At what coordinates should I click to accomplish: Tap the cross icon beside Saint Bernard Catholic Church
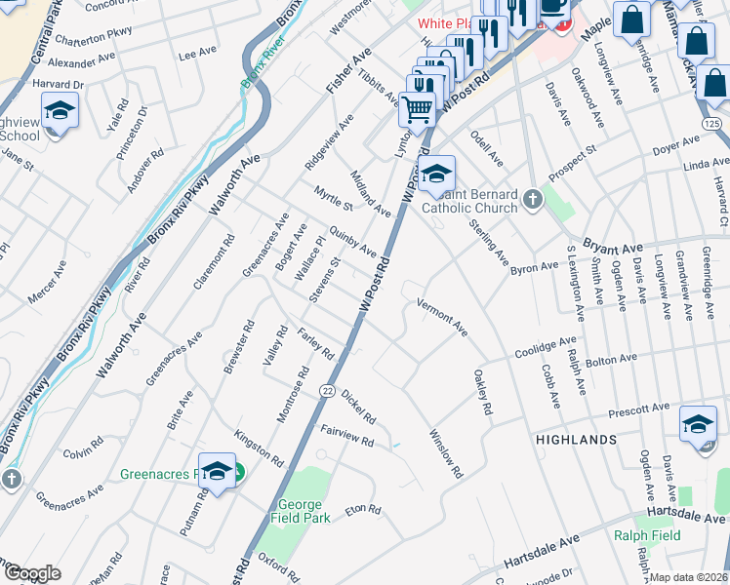coord(532,200)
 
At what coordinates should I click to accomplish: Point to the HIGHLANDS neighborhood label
coord(576,440)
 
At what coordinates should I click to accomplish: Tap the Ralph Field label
coord(646,534)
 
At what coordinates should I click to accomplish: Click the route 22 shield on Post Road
coord(326,390)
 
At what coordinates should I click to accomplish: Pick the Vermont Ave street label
coord(443,318)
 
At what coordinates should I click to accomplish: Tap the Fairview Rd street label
coord(347,441)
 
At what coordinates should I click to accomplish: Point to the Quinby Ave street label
coord(352,241)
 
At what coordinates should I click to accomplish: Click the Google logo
coord(32,573)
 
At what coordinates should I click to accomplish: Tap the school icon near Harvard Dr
coord(61,113)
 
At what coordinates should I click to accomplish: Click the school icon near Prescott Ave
coord(697,425)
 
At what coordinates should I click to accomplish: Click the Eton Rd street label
coord(361,509)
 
